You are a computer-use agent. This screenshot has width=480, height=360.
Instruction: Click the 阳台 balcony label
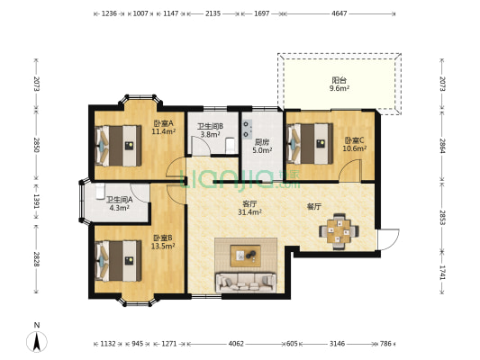coord(340,80)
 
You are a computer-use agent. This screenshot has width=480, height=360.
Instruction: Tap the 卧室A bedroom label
coord(164,123)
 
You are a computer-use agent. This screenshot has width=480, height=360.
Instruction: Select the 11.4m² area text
coord(164,131)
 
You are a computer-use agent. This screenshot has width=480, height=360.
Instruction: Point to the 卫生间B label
coord(210,126)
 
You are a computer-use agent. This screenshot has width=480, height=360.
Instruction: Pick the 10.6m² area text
coord(355,148)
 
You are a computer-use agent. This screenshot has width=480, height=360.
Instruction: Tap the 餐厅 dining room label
coord(313,207)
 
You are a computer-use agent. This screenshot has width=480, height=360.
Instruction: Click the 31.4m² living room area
coord(249,212)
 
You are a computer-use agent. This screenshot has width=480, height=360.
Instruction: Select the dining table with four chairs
coord(339,231)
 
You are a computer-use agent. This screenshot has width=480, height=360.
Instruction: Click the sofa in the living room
coord(246,283)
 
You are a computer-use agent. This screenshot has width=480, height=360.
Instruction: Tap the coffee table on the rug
coord(246,256)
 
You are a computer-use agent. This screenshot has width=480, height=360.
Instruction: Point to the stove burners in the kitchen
coord(247,129)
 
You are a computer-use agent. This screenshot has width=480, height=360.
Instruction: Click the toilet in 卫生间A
coord(100,192)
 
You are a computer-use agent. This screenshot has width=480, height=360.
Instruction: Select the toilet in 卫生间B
coord(230,146)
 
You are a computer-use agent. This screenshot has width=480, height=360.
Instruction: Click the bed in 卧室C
coord(310,144)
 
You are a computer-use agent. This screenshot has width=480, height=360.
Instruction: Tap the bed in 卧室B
coord(118,261)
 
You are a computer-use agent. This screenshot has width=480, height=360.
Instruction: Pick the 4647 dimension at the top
coord(340,13)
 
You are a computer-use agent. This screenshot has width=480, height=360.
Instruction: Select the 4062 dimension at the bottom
coord(236,344)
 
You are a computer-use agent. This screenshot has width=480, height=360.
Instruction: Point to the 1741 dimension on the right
coord(442,272)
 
